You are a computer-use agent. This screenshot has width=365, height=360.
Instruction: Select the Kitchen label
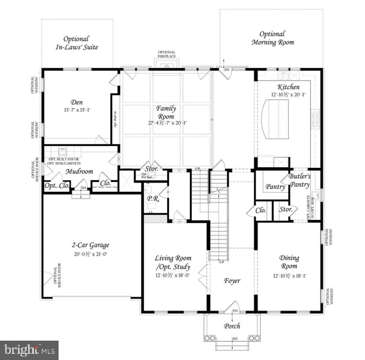(288, 87)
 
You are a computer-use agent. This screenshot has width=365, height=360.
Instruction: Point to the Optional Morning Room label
(272, 38)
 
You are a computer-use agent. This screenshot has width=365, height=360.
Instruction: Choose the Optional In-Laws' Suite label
(76, 43)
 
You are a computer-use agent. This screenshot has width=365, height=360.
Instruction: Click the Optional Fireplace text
(166, 55)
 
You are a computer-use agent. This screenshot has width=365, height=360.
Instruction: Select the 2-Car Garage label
(91, 245)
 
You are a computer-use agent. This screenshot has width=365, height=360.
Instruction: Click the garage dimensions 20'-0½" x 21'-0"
(91, 254)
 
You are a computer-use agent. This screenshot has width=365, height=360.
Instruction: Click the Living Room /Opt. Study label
(173, 262)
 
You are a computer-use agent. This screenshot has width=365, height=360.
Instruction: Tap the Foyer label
(232, 280)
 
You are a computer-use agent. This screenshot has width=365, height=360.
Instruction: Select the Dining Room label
(289, 262)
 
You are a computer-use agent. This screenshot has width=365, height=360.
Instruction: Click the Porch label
(232, 326)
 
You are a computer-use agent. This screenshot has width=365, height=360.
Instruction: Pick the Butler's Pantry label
(300, 180)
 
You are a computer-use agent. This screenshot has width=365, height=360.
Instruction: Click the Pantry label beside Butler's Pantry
(275, 187)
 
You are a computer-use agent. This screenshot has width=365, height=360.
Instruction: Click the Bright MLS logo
(29, 350)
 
